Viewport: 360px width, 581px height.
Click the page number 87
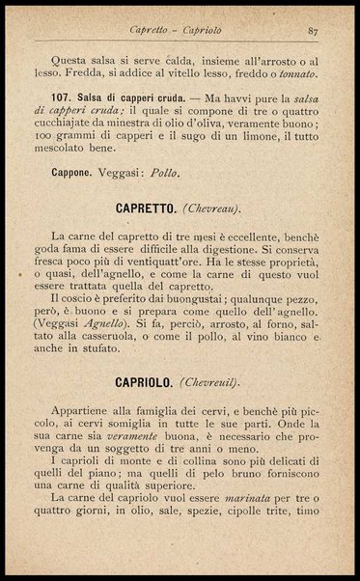313,30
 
